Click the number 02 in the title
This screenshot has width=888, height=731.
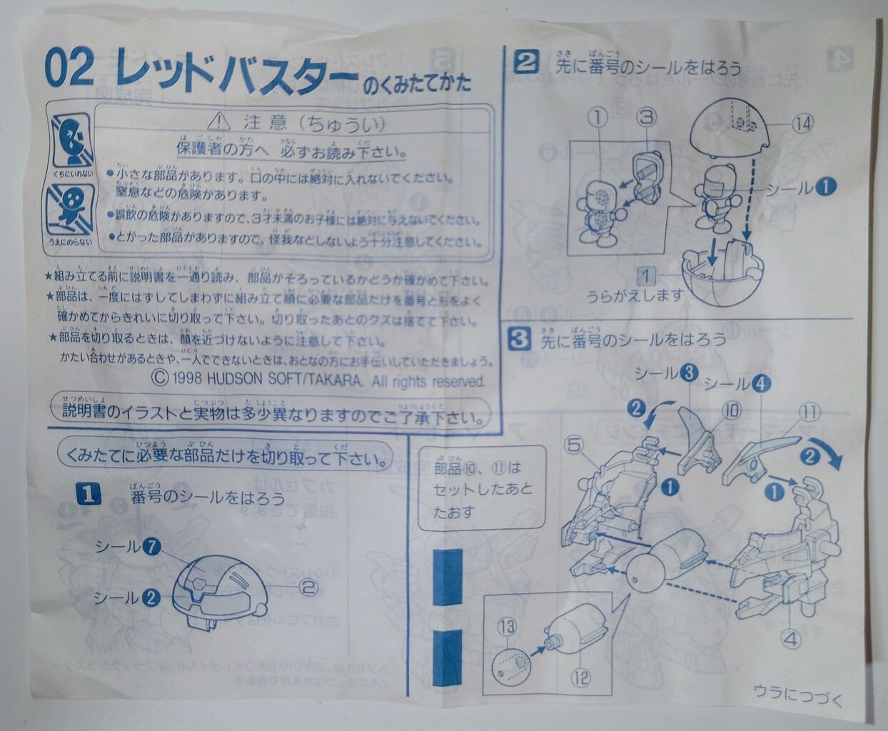[x=69, y=69]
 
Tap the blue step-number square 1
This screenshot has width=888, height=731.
[x=88, y=494]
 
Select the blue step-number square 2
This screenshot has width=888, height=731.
[x=526, y=64]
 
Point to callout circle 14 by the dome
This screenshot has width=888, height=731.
[x=802, y=123]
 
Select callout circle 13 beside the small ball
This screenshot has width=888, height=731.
[x=507, y=628]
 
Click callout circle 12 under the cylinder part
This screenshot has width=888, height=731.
[x=581, y=676]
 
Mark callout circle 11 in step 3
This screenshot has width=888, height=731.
[x=808, y=412]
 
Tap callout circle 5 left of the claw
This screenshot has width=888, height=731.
[x=575, y=445]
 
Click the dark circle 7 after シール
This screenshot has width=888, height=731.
[x=151, y=547]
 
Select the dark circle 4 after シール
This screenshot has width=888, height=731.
[x=762, y=384]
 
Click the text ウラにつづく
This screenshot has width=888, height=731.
[x=797, y=691]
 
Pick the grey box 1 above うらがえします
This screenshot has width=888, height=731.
[x=645, y=274]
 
